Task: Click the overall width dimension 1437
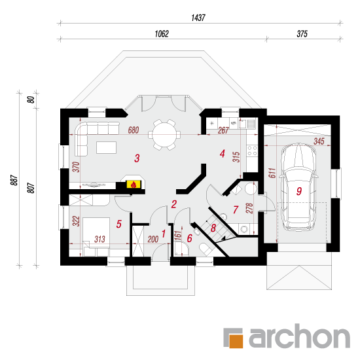[x=198, y=18]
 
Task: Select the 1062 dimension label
[x=162, y=34]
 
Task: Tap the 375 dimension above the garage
[x=302, y=34]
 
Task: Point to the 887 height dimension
[x=14, y=180]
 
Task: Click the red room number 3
[x=137, y=158]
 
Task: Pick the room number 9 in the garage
[x=299, y=191]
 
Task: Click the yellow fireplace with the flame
[x=133, y=184]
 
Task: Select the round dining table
[x=164, y=135]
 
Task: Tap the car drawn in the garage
[x=298, y=187]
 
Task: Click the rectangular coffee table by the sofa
[x=106, y=147]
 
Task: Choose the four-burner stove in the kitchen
[x=252, y=151]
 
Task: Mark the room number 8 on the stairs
[x=213, y=228]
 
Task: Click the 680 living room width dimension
[x=134, y=130]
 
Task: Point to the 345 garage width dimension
[x=319, y=141]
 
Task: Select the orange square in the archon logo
[x=235, y=341]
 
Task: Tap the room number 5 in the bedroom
[x=118, y=224]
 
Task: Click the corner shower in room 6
[x=181, y=249]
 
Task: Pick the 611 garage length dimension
[x=272, y=173]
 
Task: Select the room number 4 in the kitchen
[x=222, y=154]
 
